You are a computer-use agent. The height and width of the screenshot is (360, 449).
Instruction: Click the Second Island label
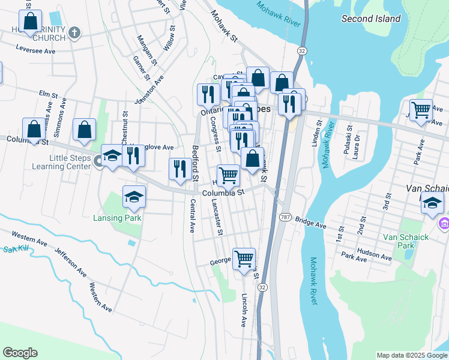tap(370, 19)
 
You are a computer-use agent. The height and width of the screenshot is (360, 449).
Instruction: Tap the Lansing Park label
tap(117, 218)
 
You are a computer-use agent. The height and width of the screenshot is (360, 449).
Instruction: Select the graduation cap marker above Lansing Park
tap(134, 197)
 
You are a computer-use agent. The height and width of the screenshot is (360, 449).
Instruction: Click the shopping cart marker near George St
tap(244, 259)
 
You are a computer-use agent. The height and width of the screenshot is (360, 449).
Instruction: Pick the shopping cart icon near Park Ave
tap(421, 110)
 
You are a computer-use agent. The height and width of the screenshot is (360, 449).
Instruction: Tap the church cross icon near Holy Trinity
tap(74, 32)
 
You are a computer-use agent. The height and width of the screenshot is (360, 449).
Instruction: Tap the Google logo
tap(20, 353)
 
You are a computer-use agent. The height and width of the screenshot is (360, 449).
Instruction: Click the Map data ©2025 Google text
tap(411, 355)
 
